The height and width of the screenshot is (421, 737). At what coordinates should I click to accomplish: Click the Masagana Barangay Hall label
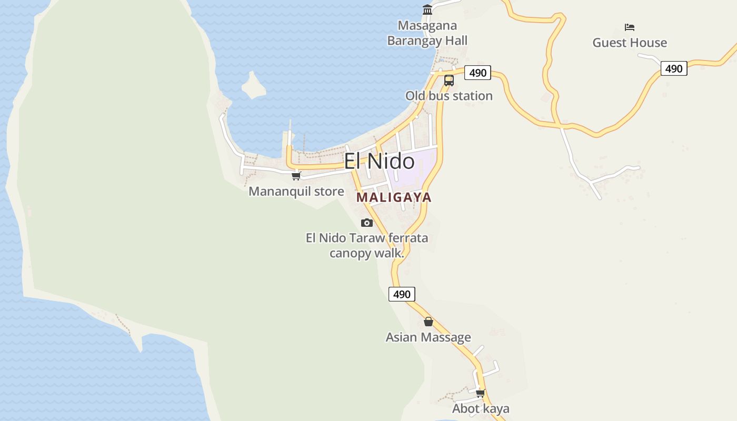pos(427,33)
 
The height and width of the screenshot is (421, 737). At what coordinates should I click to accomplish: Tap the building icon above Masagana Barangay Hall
pos(427,10)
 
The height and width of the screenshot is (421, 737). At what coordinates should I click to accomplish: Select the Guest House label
pos(630,43)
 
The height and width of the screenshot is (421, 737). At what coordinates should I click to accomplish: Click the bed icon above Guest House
pos(630,27)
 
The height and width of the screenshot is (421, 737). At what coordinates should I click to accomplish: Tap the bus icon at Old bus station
pos(449,81)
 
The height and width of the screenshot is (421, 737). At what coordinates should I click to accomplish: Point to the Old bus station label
pos(449,96)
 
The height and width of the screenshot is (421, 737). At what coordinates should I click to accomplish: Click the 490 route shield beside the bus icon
pos(477,73)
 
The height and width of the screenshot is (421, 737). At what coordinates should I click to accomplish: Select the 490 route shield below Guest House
pos(674,68)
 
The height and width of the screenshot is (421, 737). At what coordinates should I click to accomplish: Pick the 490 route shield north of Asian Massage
pos(402,294)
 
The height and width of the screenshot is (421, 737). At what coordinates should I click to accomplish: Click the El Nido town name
pos(379,161)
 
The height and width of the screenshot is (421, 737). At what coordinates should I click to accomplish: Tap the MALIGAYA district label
pos(394,197)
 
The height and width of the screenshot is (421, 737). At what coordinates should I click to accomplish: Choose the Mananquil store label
pos(296,191)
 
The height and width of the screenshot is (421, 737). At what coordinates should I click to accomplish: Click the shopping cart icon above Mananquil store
pos(296,176)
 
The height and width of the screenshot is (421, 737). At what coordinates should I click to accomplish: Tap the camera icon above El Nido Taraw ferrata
pos(367,223)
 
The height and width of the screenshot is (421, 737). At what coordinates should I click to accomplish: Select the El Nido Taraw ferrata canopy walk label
pos(367,245)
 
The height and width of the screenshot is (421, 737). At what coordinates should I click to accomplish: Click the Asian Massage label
pos(429,337)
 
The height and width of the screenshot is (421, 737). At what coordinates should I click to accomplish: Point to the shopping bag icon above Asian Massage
pos(429,322)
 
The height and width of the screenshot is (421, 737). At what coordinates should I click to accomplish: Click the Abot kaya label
pos(481,408)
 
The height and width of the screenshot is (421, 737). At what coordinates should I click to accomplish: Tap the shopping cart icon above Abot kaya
pos(480,393)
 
